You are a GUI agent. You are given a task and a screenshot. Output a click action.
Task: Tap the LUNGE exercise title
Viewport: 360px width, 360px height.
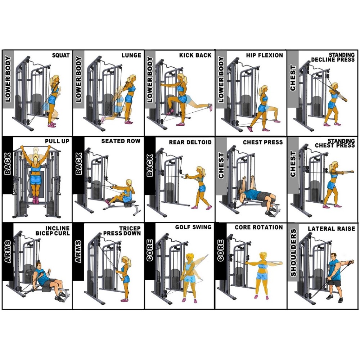click(x=131, y=55)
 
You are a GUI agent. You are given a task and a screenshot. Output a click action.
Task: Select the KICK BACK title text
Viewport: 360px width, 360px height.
click(x=195, y=55)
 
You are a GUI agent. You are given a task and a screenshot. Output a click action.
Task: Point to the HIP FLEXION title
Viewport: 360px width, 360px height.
click(x=265, y=55)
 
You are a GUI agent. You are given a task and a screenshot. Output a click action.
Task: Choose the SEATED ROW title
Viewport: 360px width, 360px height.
click(x=121, y=141)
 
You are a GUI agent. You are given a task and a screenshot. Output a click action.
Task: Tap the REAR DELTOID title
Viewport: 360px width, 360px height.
click(x=190, y=142)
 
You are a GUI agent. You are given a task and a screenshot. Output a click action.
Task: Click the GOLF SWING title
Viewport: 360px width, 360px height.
click(x=193, y=228)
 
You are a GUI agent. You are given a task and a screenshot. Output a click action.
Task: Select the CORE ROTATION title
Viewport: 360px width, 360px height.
click(x=258, y=228)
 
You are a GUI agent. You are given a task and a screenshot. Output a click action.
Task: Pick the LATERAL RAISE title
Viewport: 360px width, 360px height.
click(x=331, y=229)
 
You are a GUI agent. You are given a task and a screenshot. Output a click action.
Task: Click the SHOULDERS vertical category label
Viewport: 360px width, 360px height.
click(x=293, y=252)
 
